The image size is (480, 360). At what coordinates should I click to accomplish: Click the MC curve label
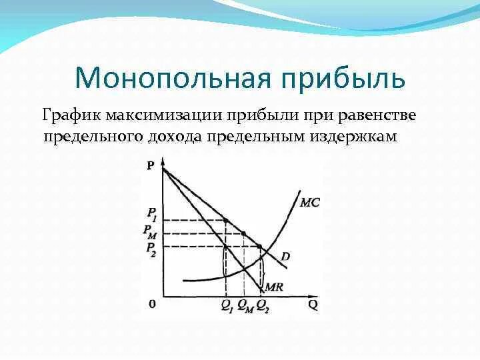[x=310, y=202]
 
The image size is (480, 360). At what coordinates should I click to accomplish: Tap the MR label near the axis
[x=275, y=287]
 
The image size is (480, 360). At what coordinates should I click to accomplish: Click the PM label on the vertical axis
[x=150, y=231]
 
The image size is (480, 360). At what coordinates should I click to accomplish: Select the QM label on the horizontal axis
[x=244, y=306]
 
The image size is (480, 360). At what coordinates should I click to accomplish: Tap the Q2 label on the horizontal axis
[x=262, y=306]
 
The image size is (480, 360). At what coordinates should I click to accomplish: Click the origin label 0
[x=152, y=304]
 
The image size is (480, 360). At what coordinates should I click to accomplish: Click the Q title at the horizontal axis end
[x=311, y=305]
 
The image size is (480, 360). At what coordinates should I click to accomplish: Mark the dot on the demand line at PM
[x=243, y=233]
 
